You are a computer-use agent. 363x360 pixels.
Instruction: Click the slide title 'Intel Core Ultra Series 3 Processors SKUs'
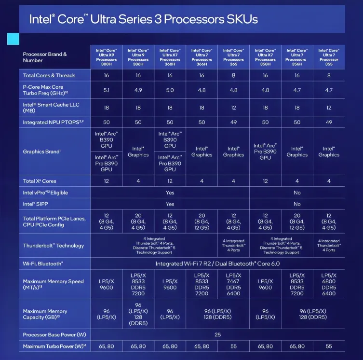click(144, 19)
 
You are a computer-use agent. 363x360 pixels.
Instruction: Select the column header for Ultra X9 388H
click(106, 57)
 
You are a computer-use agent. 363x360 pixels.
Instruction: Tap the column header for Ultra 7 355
click(329, 57)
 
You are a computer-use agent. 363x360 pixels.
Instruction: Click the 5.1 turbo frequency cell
click(106, 90)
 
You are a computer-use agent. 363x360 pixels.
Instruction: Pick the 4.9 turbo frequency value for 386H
click(138, 90)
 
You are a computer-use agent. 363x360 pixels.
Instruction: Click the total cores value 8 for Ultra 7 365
click(233, 75)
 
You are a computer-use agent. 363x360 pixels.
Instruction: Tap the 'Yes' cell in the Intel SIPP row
click(170, 204)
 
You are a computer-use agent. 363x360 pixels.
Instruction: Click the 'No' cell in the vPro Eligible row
click(297, 193)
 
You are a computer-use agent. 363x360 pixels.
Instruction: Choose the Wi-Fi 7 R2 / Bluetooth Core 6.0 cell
click(217, 264)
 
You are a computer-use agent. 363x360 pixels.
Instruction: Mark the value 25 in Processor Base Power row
click(217, 334)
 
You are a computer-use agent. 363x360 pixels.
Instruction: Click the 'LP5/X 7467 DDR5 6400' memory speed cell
click(233, 284)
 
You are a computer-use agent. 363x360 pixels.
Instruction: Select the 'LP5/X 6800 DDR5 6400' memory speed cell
click(329, 284)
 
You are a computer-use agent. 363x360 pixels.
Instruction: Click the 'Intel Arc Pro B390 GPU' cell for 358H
click(265, 151)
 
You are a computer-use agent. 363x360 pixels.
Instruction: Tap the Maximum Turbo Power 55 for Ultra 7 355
click(329, 346)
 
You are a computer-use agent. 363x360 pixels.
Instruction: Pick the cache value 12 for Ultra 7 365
click(233, 108)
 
